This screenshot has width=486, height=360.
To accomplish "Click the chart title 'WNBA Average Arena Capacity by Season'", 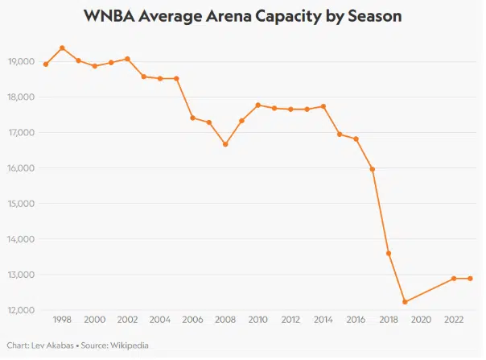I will click(242, 16).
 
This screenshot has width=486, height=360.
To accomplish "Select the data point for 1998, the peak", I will click(62, 48).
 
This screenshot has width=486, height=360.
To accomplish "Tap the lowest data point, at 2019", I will click(405, 302).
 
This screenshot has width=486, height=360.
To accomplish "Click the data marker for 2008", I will click(225, 144).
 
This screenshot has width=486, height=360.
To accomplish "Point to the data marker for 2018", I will click(389, 253).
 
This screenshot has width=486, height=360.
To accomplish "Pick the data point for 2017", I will click(373, 169).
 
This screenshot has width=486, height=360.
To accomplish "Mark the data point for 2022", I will click(454, 279).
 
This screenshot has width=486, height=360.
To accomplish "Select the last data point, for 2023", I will click(470, 279).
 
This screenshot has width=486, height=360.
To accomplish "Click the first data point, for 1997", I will click(46, 64).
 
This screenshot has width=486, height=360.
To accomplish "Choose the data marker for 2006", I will click(192, 118).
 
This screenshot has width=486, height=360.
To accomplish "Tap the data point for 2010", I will click(257, 105).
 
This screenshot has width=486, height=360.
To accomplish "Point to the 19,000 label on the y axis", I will click(20, 62).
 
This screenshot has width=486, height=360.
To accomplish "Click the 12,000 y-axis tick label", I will click(20, 310).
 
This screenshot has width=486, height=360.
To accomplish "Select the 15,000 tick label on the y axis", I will click(20, 204).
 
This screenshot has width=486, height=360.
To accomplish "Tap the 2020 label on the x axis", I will click(421, 321).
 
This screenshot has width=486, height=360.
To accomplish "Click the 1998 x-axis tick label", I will click(62, 321).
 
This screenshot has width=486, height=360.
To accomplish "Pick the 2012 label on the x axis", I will click(290, 321).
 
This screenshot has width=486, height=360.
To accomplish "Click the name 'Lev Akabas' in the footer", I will click(46, 346).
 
